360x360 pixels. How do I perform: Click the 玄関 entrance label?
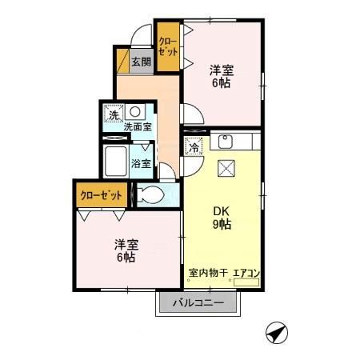[141, 61]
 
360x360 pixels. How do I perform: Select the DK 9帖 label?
[222, 218]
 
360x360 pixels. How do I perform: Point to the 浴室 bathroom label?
[141, 164]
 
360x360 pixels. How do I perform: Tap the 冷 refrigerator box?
[194, 146]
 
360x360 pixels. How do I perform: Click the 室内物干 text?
[208, 274]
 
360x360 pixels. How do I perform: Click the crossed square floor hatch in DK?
[226, 167]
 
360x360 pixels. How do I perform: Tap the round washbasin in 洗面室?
[134, 111]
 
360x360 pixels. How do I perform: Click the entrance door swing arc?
[141, 36]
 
